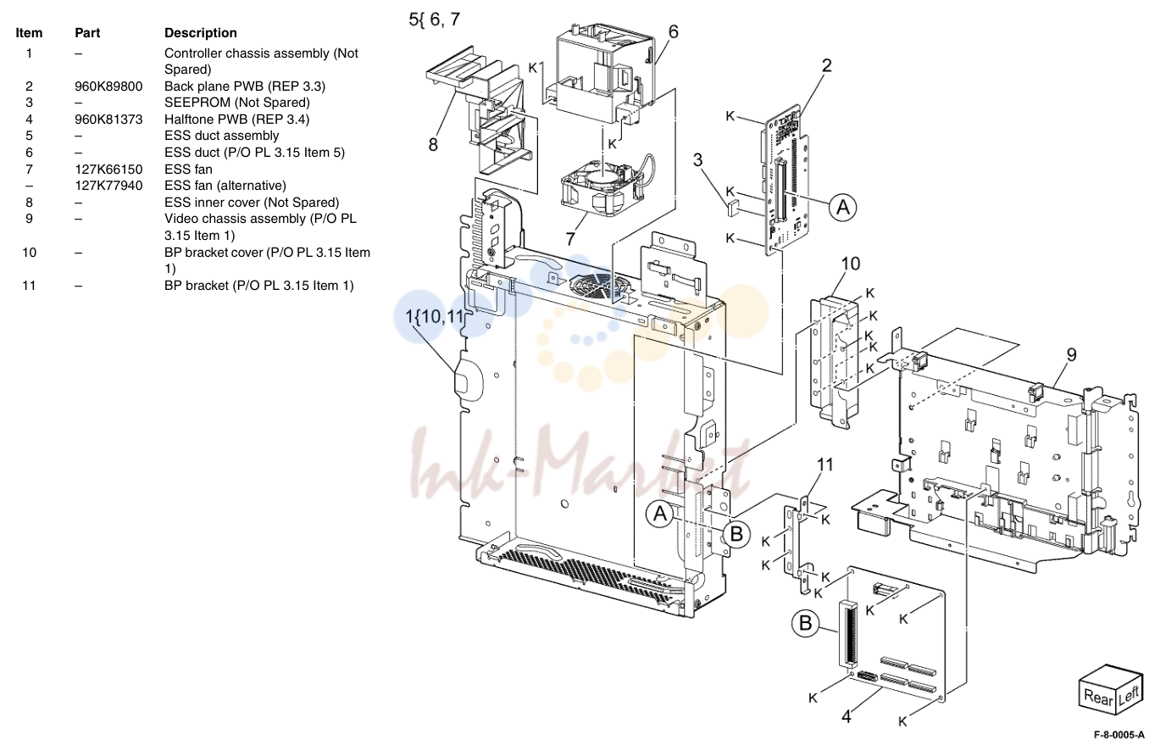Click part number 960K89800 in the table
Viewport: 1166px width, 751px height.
108,86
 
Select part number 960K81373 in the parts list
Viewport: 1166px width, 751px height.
108,120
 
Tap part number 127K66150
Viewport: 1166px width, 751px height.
108,170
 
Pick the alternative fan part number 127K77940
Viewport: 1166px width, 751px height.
108,186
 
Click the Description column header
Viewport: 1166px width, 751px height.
200,33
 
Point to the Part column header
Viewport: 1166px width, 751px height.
87,33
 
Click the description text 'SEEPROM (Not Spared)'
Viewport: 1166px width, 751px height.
237,103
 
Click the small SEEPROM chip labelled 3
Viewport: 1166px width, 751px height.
733,208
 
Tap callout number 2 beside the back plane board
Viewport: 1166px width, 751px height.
826,65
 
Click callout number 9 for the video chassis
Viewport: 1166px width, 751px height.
1071,354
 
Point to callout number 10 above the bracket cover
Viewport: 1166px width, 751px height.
851,264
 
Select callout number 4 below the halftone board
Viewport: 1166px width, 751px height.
847,716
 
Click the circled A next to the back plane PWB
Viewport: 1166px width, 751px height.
843,208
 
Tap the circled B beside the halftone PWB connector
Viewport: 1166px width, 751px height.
805,623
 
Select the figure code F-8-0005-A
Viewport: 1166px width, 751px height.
1119,735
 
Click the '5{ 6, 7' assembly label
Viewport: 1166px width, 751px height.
434,19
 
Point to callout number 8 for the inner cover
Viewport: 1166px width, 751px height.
433,144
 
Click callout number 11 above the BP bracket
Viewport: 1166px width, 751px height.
825,465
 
